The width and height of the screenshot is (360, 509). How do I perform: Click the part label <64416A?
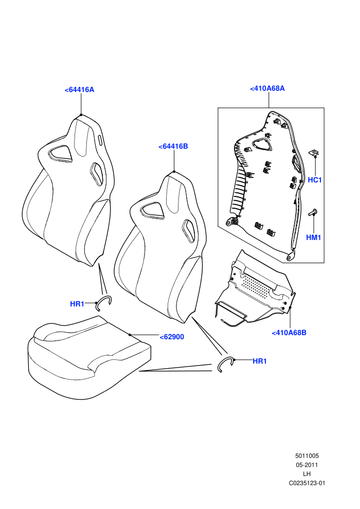click(80, 89)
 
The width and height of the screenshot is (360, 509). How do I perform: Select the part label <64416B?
click(173, 147)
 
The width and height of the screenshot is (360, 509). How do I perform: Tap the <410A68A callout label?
click(267, 88)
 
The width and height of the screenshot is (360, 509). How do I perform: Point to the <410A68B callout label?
click(289, 333)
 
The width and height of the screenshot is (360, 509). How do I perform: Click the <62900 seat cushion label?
click(172, 337)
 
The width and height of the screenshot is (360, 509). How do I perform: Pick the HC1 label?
click(315, 180)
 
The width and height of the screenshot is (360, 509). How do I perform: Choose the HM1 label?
click(314, 238)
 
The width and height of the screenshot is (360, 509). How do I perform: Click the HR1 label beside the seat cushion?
click(77, 304)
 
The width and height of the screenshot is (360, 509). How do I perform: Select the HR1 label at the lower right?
click(260, 361)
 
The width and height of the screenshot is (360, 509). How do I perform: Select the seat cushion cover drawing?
click(89, 357)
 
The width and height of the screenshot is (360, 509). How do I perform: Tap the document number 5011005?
click(307, 456)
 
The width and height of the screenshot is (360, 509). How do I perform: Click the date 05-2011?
click(307, 465)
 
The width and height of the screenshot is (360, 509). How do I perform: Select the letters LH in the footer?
click(307, 474)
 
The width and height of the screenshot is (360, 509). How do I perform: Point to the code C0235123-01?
click(307, 483)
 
